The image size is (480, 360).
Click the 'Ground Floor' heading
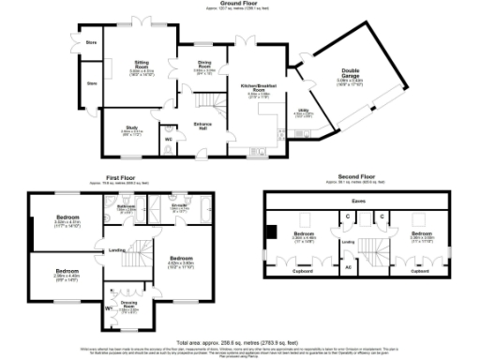[239, 4]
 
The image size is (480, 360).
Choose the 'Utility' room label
[304, 112]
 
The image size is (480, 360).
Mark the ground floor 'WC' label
[169, 140]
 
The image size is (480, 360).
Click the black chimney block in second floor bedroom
[273, 232]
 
